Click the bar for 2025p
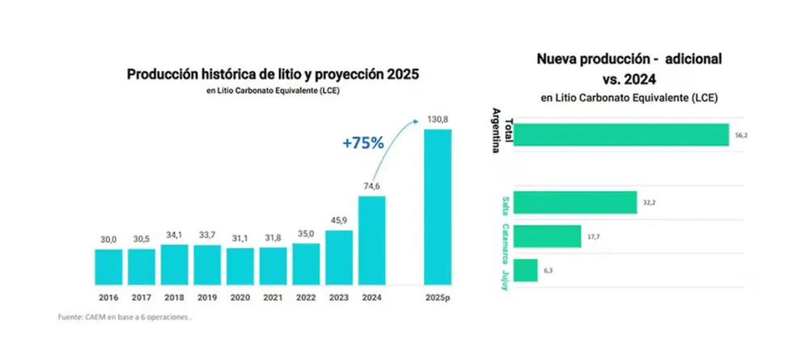(438, 206)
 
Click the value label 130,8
(438, 120)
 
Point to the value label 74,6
(372, 186)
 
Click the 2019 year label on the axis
(207, 297)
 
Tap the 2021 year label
(273, 297)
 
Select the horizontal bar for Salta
(575, 203)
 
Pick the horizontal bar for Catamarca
(547, 236)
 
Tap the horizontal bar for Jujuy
(526, 270)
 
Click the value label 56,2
(741, 136)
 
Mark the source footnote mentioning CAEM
(125, 317)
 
